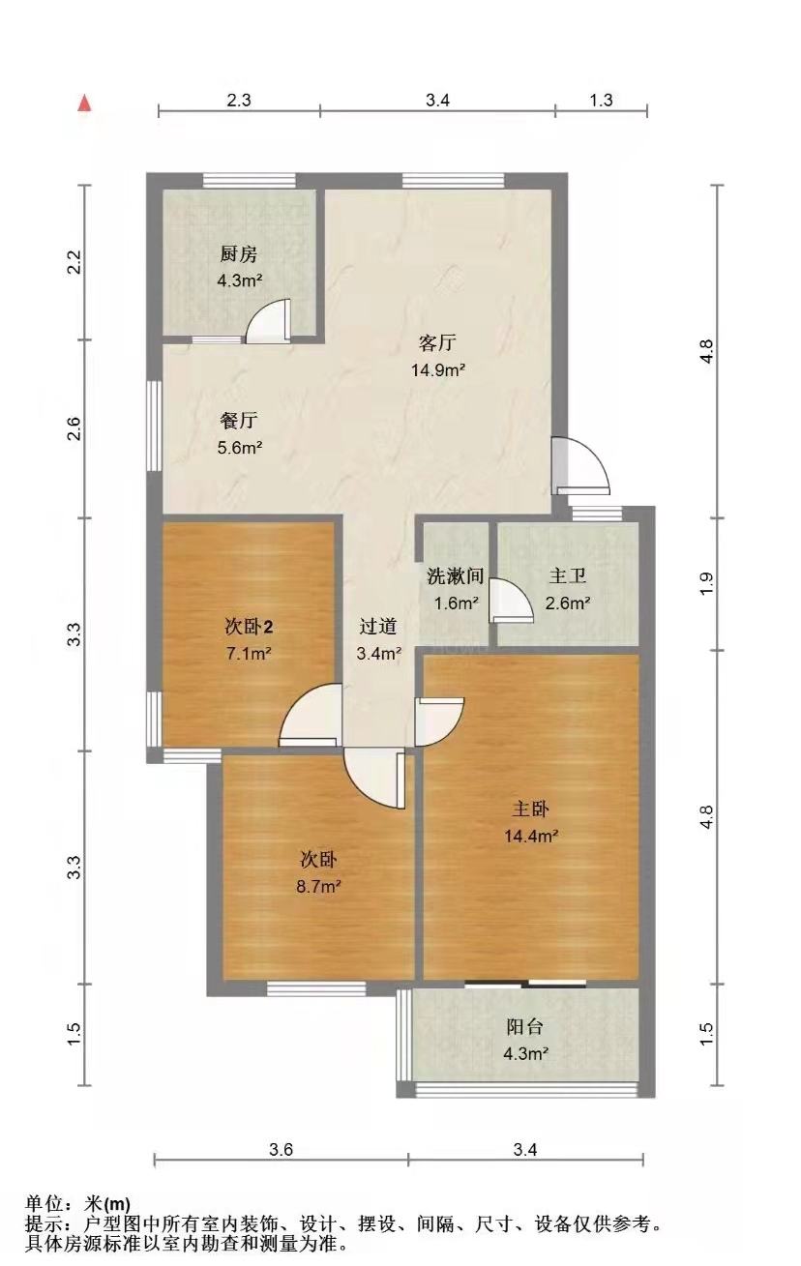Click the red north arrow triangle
85,103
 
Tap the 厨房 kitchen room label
239,254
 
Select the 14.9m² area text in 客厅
438,370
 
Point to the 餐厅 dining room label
239,421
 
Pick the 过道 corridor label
378,626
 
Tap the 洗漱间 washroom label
455,575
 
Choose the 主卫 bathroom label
567,575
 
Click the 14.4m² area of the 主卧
531,836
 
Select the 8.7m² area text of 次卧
318,886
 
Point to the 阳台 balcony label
524,1026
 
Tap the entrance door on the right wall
582,464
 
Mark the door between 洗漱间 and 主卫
512,601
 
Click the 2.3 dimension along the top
239,100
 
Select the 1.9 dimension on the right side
708,584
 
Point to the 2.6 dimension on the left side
74,428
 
